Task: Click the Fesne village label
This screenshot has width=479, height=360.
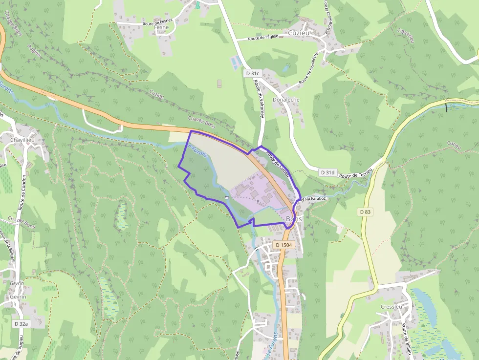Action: pos(161,27)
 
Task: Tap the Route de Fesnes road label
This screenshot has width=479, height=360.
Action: pos(157,22)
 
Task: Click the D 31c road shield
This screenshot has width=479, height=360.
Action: pos(253,73)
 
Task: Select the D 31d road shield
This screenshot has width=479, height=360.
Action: pos(328,172)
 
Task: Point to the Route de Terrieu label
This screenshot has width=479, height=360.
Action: pos(355,173)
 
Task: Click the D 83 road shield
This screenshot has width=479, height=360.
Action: pos(365,212)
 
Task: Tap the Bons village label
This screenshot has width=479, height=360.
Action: pos(294,219)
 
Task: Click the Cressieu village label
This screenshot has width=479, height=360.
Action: pos(392,307)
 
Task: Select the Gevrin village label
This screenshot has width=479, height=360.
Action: pos(17,296)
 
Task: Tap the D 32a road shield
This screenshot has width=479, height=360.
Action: pos(22,323)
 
